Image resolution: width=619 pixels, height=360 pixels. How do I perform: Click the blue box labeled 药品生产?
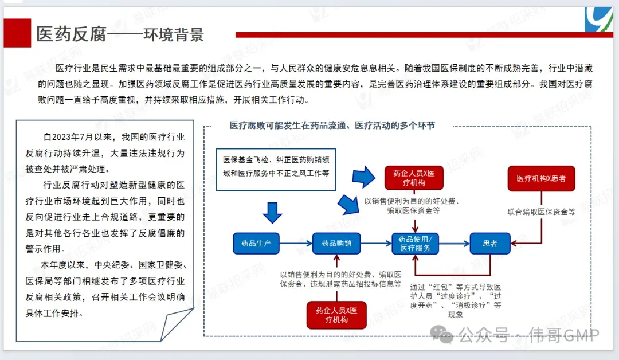[256, 244]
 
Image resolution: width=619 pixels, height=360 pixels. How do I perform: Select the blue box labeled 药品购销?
[336, 244]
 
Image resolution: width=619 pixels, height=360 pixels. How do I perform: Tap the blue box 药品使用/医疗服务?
[415, 244]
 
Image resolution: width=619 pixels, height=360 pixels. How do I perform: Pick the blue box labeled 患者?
[490, 244]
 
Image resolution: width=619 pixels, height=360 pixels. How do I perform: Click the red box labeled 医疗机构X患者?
[541, 178]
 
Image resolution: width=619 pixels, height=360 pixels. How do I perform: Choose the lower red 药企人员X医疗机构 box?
[336, 315]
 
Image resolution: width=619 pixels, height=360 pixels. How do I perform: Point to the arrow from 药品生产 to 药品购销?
[295, 244]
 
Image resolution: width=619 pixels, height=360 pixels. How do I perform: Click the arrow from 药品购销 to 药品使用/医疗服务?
[375, 244]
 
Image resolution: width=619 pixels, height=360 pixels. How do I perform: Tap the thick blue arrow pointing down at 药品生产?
[272, 212]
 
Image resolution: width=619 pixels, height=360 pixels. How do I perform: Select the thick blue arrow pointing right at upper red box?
[363, 178]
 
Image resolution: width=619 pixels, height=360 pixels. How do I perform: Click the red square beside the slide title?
[17, 33]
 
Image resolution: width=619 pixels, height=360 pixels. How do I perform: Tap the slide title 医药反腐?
[72, 34]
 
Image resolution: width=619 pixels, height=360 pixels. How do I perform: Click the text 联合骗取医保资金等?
[541, 212]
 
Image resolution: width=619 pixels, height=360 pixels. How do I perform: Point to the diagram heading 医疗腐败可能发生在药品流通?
[332, 126]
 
